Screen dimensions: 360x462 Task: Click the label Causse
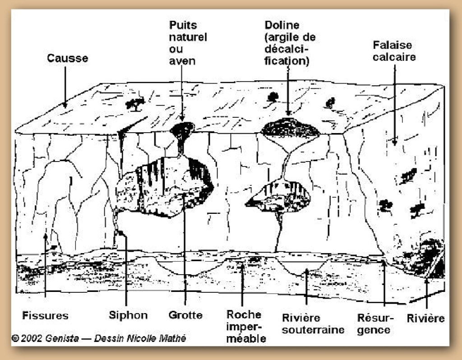[x=67, y=59]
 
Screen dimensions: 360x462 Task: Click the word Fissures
[x=45, y=315]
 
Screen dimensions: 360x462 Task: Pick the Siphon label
[x=128, y=315]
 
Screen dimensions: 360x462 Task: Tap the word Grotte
[x=185, y=315]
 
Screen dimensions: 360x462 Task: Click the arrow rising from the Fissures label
[x=45, y=266]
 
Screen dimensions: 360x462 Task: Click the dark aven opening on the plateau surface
[x=182, y=127]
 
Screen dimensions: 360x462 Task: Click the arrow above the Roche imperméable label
[x=243, y=284]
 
